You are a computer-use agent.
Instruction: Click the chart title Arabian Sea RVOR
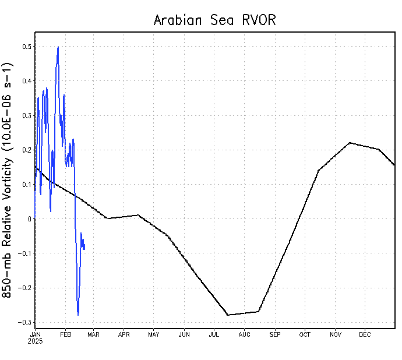pyautogui.click(x=214, y=20)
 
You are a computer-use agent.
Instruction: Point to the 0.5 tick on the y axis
pyautogui.click(x=27, y=47)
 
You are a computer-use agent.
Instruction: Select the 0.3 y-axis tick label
pyautogui.click(x=27, y=115)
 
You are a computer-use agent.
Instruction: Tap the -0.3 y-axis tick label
pyautogui.click(x=25, y=322)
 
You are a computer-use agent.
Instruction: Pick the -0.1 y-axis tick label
pyautogui.click(x=25, y=253)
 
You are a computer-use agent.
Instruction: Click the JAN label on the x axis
pyautogui.click(x=35, y=334)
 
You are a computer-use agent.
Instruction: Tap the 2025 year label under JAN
pyautogui.click(x=36, y=341)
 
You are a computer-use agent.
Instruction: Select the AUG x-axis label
pyautogui.click(x=244, y=334)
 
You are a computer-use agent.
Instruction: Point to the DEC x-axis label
pyautogui.click(x=365, y=334)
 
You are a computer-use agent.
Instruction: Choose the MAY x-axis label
pyautogui.click(x=154, y=334)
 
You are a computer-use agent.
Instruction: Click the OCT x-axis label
pyautogui.click(x=305, y=334)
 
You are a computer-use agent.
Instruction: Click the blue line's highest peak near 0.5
pyautogui.click(x=58, y=47)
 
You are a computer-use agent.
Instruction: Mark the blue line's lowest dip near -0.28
pyautogui.click(x=78, y=315)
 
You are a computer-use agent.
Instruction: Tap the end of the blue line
pyautogui.click(x=84, y=249)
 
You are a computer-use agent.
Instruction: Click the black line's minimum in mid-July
pyautogui.click(x=228, y=315)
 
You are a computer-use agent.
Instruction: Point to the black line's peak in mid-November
pyautogui.click(x=350, y=142)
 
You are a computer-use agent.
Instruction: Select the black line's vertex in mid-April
pyautogui.click(x=138, y=215)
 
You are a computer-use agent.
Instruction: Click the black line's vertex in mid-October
pyautogui.click(x=318, y=171)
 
